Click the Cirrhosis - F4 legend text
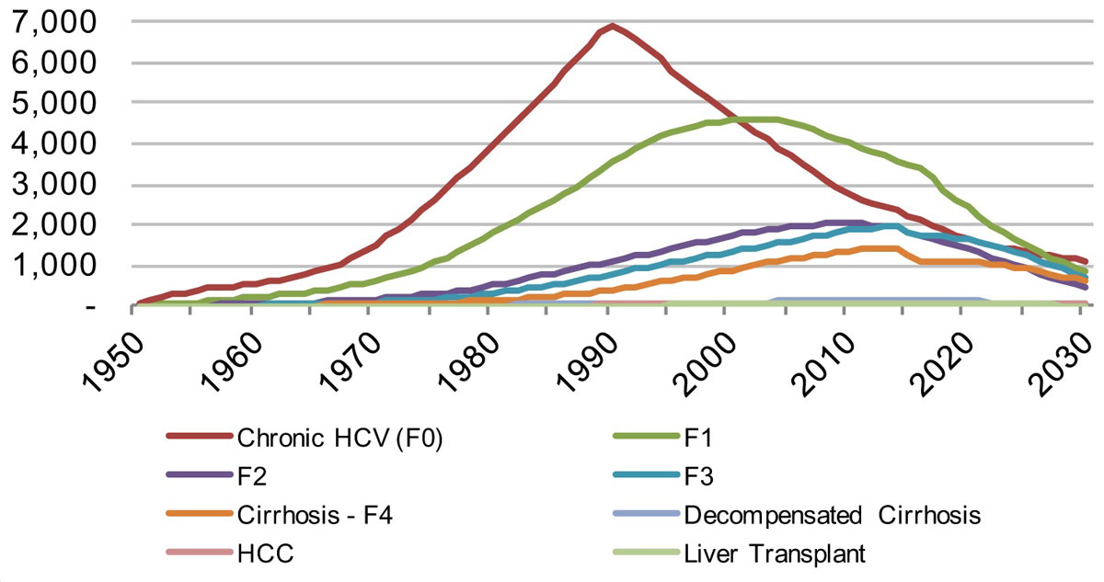point(316,516)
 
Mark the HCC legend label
point(259,554)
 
